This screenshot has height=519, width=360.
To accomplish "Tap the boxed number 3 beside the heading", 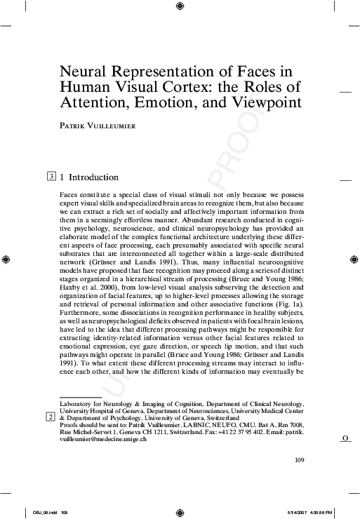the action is click(x=52, y=177).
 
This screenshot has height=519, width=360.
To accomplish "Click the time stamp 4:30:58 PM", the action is click(x=321, y=513).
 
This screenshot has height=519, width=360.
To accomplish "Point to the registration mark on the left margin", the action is click(x=6, y=259).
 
